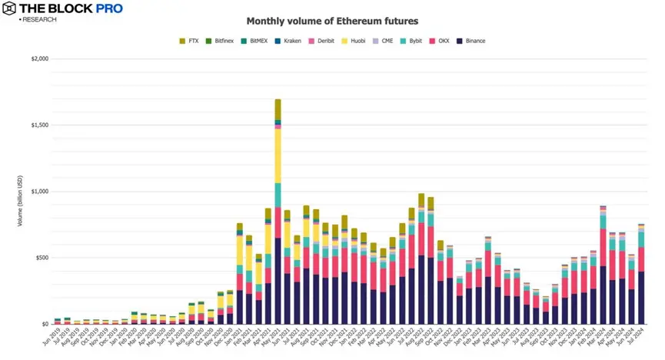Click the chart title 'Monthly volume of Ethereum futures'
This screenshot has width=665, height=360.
point(332,22)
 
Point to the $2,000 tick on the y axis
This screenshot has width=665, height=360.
point(38,58)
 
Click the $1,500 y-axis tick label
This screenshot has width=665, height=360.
point(38,125)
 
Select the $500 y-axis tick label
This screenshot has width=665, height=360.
point(41,258)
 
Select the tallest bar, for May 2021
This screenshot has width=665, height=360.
point(278,231)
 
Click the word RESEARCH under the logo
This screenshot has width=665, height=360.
point(38,19)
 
